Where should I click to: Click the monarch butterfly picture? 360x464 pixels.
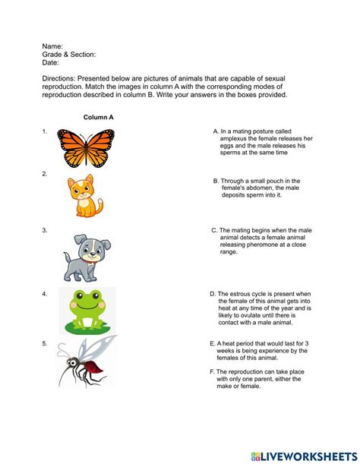point(86,148)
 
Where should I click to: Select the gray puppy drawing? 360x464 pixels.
point(84,257)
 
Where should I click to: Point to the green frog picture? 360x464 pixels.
point(87,311)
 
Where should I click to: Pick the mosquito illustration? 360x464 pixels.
point(87,362)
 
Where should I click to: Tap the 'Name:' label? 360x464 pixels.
point(52,46)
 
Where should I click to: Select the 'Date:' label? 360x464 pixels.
point(52,63)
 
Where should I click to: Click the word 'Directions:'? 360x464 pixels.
point(62,79)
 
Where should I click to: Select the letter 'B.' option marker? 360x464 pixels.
point(216,181)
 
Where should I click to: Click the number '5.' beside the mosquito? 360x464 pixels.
point(45,343)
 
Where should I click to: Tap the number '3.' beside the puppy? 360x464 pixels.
point(45,229)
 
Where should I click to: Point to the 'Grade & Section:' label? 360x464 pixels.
point(69,55)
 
